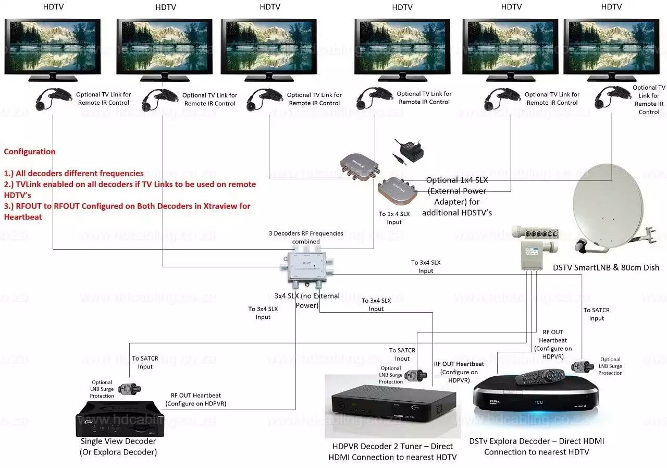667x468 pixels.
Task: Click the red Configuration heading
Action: coord(30,152)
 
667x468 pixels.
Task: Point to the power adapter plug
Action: coord(407,151)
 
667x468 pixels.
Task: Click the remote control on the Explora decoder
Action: coord(540,376)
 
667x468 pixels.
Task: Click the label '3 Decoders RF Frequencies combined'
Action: coord(306,237)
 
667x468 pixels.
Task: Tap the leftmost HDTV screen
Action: coord(53,47)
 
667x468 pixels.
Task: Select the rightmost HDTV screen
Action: coord(611,47)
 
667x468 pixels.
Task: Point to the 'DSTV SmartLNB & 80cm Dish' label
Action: coord(606,267)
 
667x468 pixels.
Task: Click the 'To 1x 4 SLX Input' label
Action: coord(394,218)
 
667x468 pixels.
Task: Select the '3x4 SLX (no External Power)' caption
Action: coord(307,300)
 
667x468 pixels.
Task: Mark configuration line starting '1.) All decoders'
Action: coord(74,174)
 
